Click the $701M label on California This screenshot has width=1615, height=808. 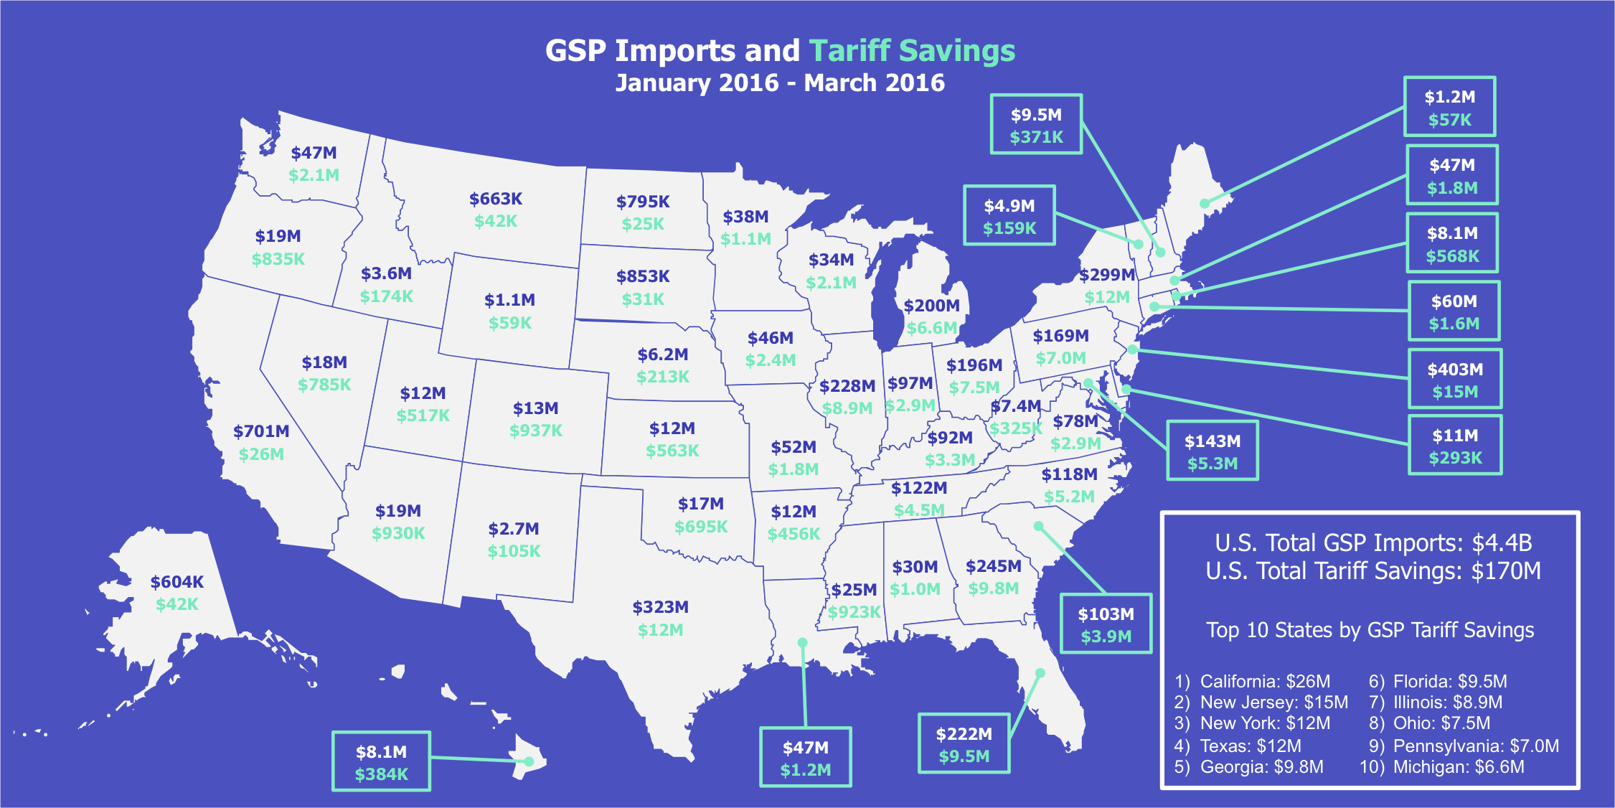261,431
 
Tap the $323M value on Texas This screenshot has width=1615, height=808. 660,607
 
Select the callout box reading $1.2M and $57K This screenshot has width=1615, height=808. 1449,107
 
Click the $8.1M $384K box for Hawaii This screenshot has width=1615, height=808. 381,761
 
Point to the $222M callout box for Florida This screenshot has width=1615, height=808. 964,743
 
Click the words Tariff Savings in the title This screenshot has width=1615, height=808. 912,51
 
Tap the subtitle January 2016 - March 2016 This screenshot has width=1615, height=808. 780,83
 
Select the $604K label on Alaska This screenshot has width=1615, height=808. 176,581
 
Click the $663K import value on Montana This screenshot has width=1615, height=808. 496,199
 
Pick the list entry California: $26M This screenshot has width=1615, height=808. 1264,681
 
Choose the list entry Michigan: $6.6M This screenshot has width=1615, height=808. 1458,766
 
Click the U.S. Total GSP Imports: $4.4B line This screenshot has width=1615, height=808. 1372,542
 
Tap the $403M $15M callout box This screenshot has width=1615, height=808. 1454,379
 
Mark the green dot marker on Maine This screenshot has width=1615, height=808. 1205,204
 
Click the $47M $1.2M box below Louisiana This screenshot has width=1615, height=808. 805,757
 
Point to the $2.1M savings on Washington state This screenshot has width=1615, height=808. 314,175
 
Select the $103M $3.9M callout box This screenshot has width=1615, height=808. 1105,624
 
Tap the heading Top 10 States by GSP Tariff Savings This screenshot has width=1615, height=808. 1370,630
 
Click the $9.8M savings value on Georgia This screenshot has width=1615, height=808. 993,588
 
